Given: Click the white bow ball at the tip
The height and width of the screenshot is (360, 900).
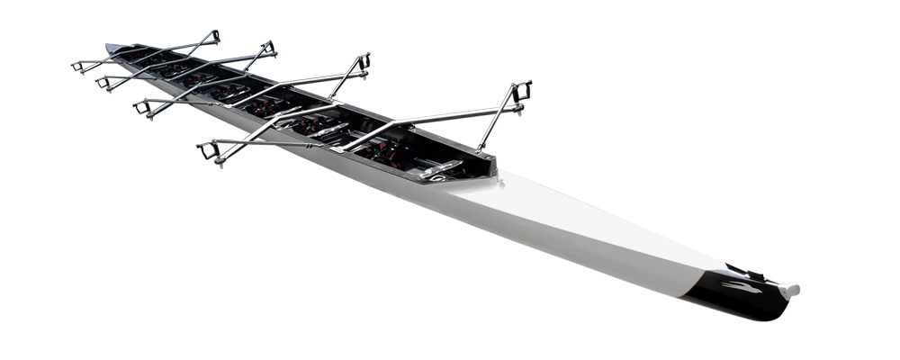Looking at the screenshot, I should click(x=791, y=291).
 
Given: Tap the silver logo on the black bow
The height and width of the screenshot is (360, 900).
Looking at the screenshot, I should click(x=740, y=287).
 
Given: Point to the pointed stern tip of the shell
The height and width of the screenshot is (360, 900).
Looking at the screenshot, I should click(x=109, y=46).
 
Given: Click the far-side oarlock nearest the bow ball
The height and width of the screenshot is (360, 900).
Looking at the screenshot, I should click(x=520, y=92).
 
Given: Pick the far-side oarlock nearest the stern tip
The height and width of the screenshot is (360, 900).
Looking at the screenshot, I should click(x=212, y=38).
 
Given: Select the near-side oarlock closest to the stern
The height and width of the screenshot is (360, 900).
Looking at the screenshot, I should click(x=78, y=66).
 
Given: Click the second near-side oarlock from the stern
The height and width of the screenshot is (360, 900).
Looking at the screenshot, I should click(x=103, y=83).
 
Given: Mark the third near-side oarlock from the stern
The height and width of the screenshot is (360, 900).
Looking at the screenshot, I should click(x=142, y=107).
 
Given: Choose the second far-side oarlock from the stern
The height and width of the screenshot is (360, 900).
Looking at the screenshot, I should click(x=267, y=47).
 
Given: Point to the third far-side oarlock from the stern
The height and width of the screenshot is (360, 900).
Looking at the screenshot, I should click(x=362, y=62).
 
